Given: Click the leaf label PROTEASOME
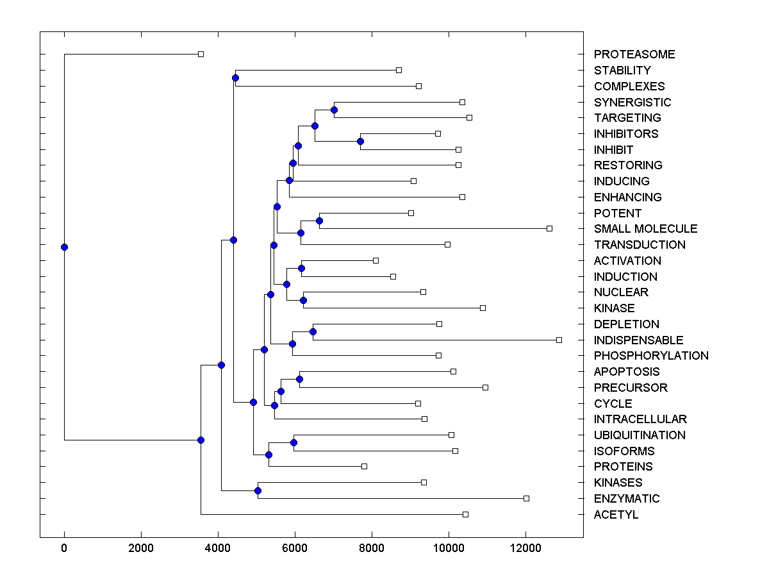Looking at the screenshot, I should pyautogui.click(x=634, y=54).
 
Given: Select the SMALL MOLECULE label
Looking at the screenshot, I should pyautogui.click(x=645, y=229).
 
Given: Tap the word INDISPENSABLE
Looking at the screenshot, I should pyautogui.click(x=638, y=340).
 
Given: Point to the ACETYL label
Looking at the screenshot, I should pyautogui.click(x=616, y=515).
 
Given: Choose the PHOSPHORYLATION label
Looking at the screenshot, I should pyautogui.click(x=651, y=356).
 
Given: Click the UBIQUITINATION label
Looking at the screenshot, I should pyautogui.click(x=640, y=435).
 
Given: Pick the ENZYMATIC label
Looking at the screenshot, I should pyautogui.click(x=626, y=499).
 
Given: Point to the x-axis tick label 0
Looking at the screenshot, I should pyautogui.click(x=64, y=548).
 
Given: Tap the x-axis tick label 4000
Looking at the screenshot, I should pyautogui.click(x=218, y=548).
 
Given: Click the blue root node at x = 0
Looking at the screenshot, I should pyautogui.click(x=64, y=247).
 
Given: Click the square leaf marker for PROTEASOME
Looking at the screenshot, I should pyautogui.click(x=201, y=54).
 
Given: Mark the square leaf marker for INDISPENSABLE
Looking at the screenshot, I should pyautogui.click(x=559, y=340).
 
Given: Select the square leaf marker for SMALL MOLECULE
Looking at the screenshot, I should pyautogui.click(x=549, y=228).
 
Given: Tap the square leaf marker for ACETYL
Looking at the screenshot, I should pyautogui.click(x=465, y=514).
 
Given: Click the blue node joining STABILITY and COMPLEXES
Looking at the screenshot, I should pyautogui.click(x=235, y=78).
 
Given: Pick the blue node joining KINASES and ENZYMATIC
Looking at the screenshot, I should pyautogui.click(x=258, y=490).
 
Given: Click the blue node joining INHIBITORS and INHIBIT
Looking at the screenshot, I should pyautogui.click(x=361, y=141).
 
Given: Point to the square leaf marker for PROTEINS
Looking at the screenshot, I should pyautogui.click(x=364, y=466).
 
